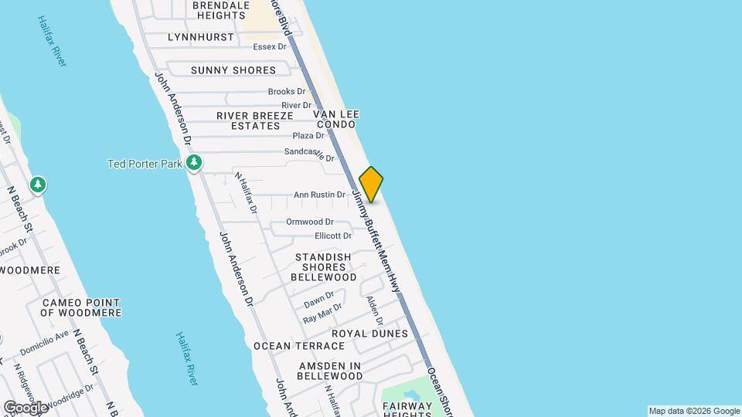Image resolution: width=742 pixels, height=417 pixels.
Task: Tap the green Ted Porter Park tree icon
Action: tap(195, 163)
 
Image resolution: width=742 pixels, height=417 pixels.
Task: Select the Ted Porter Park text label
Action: tap(145, 163)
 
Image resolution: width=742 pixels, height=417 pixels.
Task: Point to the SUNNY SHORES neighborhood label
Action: tap(233, 70)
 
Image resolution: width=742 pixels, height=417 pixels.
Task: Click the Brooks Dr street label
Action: tap(287, 92)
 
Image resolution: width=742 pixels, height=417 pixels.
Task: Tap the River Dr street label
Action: tap(296, 105)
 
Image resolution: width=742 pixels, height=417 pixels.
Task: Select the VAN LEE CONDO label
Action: tap(335, 118)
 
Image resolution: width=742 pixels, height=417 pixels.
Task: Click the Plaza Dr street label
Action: tap(308, 136)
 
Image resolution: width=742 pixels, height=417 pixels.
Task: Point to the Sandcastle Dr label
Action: tap(309, 154)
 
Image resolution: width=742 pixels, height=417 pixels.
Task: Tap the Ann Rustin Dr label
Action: tap(319, 195)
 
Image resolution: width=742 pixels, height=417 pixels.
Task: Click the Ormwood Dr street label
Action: tap(309, 222)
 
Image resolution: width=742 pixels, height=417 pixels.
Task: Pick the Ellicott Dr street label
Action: tap(333, 236)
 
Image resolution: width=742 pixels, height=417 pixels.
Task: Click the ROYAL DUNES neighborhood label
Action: tap(369, 334)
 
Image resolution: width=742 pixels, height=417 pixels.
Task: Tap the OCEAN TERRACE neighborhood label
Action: tap(299, 346)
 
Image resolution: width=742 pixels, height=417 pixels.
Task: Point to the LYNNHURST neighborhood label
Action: tap(200, 37)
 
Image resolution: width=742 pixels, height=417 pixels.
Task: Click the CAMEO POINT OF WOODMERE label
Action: tap(81, 307)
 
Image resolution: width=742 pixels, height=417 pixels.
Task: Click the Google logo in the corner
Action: tap(26, 407)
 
